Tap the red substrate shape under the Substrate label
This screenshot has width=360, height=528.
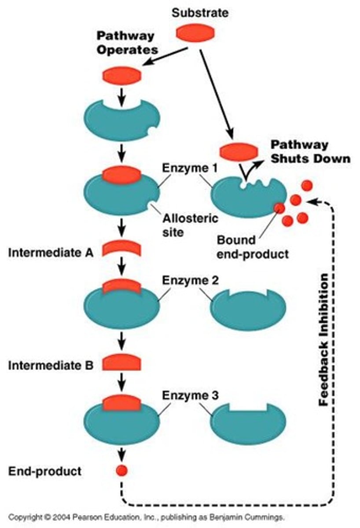click(x=195, y=33)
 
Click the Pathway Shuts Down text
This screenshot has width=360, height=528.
click(x=310, y=151)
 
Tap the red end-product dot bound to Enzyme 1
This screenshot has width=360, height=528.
click(x=279, y=207)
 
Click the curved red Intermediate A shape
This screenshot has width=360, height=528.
click(x=121, y=249)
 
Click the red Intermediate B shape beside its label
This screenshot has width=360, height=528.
click(x=121, y=363)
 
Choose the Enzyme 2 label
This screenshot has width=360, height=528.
click(x=185, y=280)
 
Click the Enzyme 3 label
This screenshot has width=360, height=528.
click(x=185, y=395)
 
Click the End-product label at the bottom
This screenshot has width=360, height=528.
click(x=45, y=471)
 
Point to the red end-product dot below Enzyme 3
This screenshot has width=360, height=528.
click(x=121, y=471)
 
